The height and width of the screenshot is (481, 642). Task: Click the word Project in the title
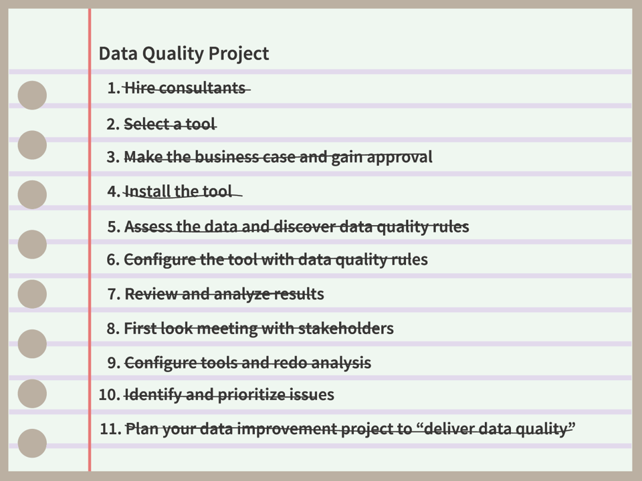click(x=239, y=53)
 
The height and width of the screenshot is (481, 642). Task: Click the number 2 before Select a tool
click(x=112, y=124)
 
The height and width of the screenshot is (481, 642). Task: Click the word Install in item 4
click(x=147, y=192)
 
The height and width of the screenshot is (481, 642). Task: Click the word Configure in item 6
click(x=159, y=259)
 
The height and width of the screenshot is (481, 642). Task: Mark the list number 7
click(x=113, y=294)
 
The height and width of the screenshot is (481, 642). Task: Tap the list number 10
click(x=108, y=395)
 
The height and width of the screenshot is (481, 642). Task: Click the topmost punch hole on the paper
click(x=32, y=96)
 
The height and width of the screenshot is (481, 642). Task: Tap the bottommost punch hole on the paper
click(x=32, y=444)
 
